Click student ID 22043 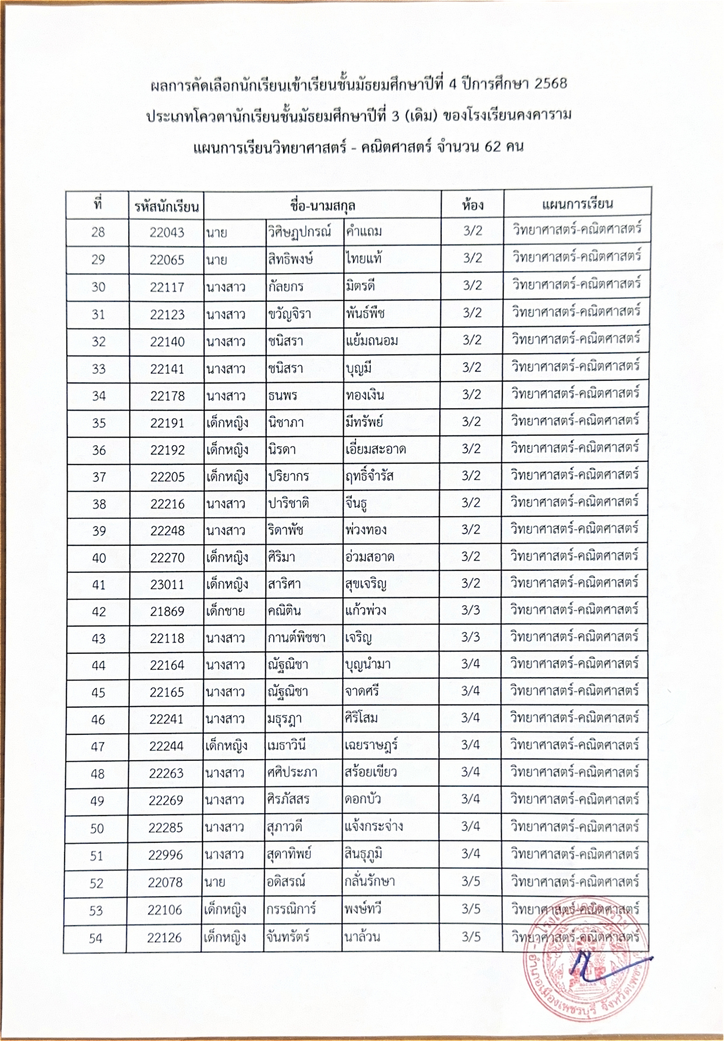point(167,232)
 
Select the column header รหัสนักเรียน point(166,207)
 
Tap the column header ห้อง point(473,205)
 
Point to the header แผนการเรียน point(577,203)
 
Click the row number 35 point(99,423)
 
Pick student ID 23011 point(167,585)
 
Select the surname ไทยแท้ point(363,259)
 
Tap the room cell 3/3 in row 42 point(471,610)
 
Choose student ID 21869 point(167,612)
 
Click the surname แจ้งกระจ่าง point(374,827)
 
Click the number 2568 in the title point(550,84)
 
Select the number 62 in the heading point(493,146)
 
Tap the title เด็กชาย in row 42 point(225,612)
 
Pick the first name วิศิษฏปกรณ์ point(299,231)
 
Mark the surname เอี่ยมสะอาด point(375,449)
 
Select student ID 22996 point(165,855)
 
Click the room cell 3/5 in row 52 point(471,882)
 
